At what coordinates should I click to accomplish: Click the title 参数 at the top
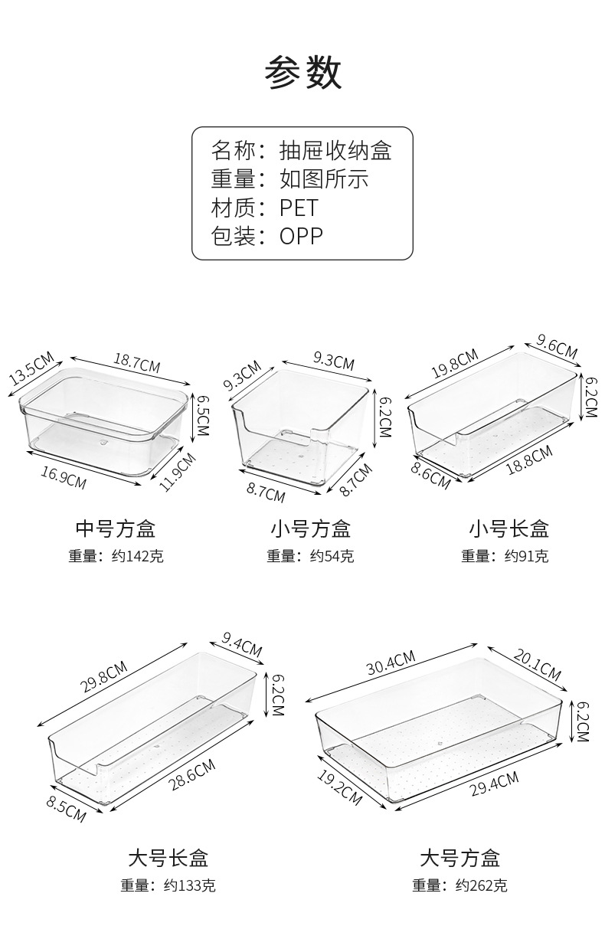point(303,74)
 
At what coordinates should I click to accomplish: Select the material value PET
point(298,208)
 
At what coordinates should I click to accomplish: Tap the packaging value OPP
point(301,236)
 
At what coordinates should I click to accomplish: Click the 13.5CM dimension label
point(31,370)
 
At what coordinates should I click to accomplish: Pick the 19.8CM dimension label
point(454,364)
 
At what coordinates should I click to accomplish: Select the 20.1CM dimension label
point(536,664)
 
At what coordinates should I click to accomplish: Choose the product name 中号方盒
point(116,528)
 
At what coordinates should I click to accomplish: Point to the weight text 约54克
point(332,557)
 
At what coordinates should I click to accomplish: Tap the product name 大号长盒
point(168,857)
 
